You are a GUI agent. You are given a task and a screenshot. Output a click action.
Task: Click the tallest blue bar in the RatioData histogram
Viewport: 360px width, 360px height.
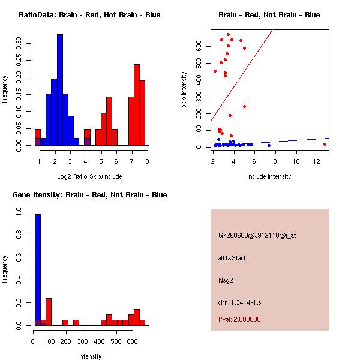(60, 90)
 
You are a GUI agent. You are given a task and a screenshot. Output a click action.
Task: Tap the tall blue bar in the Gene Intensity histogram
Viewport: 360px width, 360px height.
(38, 269)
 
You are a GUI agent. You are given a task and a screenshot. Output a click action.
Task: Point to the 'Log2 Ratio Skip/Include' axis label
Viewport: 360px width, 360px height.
(89, 176)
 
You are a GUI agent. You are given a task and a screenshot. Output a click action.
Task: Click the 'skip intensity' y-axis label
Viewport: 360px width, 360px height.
(184, 90)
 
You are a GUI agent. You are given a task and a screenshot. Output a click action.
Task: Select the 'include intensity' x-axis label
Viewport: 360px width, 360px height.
(269, 176)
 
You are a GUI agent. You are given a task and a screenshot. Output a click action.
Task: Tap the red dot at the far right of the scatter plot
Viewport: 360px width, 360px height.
(325, 144)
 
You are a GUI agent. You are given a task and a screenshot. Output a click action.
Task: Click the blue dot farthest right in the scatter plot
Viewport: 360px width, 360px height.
(269, 145)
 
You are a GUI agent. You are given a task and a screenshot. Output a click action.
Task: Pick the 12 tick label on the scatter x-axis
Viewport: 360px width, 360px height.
(325, 161)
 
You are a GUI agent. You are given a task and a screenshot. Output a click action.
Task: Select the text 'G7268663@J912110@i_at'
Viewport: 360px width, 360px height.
(257, 235)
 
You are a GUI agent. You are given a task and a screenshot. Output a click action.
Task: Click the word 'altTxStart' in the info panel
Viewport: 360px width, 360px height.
(232, 258)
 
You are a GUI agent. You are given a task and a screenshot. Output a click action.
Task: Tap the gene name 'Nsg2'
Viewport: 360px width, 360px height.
(226, 280)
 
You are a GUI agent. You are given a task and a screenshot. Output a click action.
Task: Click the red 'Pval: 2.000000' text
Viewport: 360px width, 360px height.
(239, 319)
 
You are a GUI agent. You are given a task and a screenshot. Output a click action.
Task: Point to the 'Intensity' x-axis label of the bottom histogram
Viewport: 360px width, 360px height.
(89, 356)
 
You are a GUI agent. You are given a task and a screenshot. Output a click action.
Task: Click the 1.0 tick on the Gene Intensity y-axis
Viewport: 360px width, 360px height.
(20, 212)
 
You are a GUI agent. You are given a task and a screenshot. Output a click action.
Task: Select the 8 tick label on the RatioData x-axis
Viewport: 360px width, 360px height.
(146, 161)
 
